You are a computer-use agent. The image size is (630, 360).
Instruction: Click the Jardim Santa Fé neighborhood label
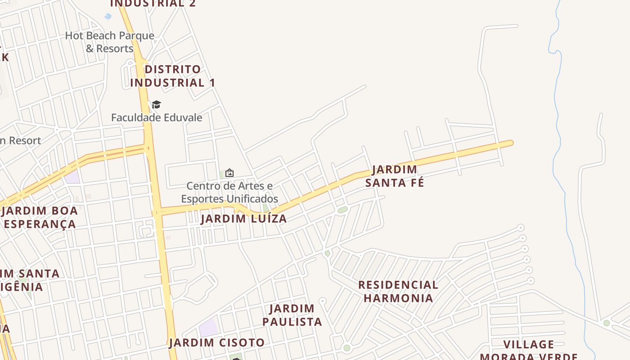(x=395, y=176)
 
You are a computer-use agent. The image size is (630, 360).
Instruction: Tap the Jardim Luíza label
(x=243, y=219)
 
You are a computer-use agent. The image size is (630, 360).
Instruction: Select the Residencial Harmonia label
(x=398, y=292)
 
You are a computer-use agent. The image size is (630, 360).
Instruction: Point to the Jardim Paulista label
(x=292, y=315)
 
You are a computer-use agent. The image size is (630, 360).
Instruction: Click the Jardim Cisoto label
(x=217, y=343)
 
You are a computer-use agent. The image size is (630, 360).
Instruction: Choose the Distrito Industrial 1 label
(x=173, y=76)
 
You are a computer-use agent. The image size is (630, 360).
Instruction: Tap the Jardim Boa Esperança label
(x=40, y=217)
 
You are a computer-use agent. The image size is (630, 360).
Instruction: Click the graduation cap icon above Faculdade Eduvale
(x=156, y=105)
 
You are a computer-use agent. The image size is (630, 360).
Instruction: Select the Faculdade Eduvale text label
(x=157, y=118)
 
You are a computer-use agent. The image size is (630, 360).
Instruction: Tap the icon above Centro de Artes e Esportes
(x=229, y=173)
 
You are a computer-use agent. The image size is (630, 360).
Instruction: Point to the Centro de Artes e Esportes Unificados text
(x=229, y=192)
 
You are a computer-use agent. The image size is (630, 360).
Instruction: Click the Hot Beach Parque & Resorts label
(x=110, y=42)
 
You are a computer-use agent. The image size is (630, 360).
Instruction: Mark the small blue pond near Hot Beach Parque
(x=108, y=17)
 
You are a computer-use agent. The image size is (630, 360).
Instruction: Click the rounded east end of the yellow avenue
(x=509, y=144)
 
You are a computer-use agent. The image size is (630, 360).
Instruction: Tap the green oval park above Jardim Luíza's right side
(x=342, y=210)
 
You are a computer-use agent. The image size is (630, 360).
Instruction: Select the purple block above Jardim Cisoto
(x=208, y=328)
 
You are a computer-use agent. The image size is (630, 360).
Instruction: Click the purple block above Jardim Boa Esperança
(x=72, y=177)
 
